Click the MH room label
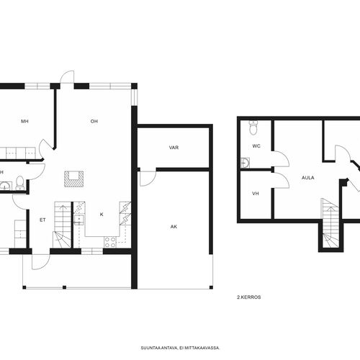click(x=24, y=122)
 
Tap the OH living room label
click(x=94, y=122)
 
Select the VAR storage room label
click(x=174, y=148)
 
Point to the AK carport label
click(x=174, y=227)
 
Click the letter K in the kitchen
click(x=102, y=215)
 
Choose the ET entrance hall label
click(x=42, y=220)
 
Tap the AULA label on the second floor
click(x=308, y=178)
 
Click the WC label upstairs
click(x=256, y=146)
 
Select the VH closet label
click(x=256, y=194)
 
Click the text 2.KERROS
click(x=249, y=297)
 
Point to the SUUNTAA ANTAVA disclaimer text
click(x=180, y=348)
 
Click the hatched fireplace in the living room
click(x=74, y=179)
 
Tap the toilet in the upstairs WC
click(x=253, y=127)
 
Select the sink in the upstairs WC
click(x=245, y=163)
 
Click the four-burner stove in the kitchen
click(x=110, y=242)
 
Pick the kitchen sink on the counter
click(x=78, y=220)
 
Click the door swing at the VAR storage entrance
click(x=148, y=179)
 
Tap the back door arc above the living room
click(x=67, y=77)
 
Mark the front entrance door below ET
click(x=41, y=262)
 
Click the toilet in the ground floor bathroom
click(x=19, y=183)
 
